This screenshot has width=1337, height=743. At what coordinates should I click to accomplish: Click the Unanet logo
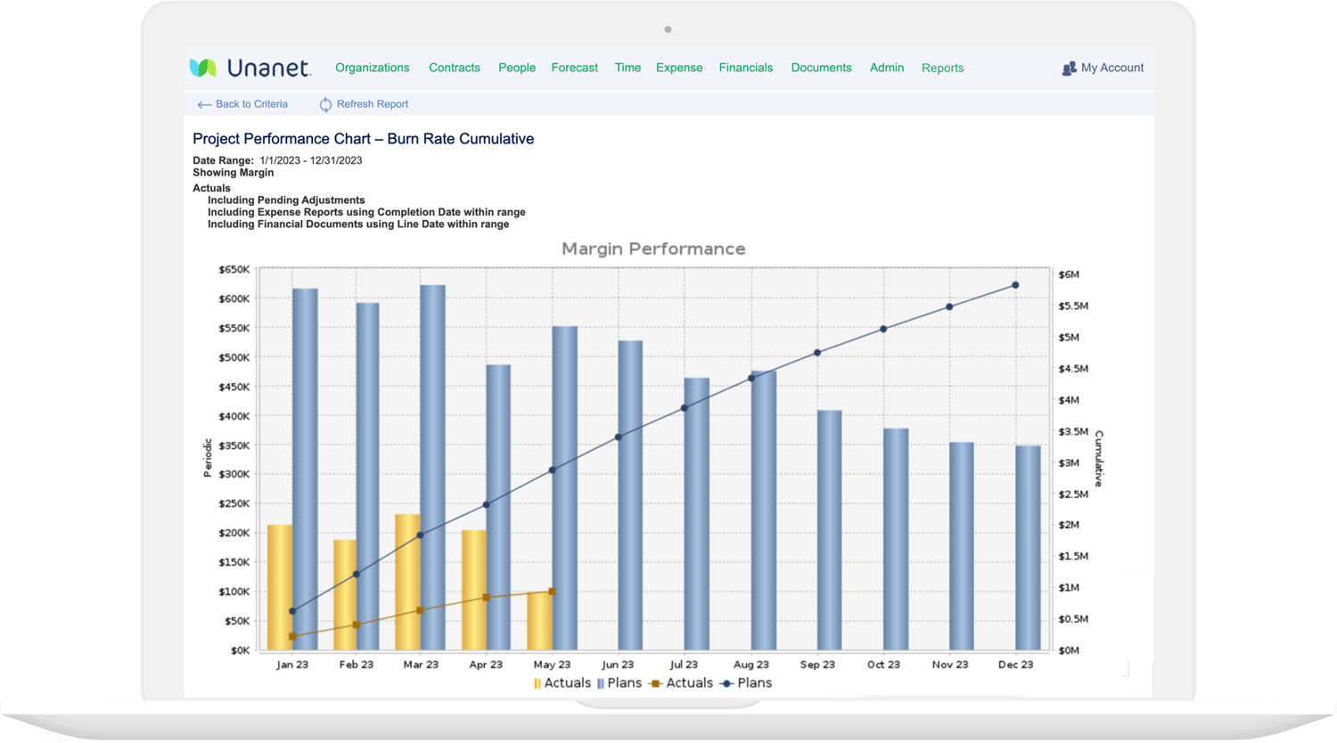250,68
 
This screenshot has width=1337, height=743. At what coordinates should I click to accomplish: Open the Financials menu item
745,68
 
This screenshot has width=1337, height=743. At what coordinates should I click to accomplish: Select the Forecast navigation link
574,68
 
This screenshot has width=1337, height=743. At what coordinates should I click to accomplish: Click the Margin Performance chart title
653,249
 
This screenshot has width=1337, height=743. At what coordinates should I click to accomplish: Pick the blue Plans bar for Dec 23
1028,548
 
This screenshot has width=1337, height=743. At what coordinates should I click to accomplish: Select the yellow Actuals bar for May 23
539,621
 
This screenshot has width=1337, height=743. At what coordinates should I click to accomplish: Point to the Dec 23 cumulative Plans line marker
1015,286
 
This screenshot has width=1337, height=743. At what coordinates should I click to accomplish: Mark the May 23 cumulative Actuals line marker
553,592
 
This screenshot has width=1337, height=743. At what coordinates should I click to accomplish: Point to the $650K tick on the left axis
234,269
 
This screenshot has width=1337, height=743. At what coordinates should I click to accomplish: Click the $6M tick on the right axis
1068,274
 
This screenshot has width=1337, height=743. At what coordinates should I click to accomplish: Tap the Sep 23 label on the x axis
817,665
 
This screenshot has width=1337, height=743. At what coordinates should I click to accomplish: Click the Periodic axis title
208,458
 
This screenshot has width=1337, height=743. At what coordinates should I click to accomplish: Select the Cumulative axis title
1099,458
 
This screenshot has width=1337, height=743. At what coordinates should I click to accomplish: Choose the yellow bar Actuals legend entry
562,683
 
